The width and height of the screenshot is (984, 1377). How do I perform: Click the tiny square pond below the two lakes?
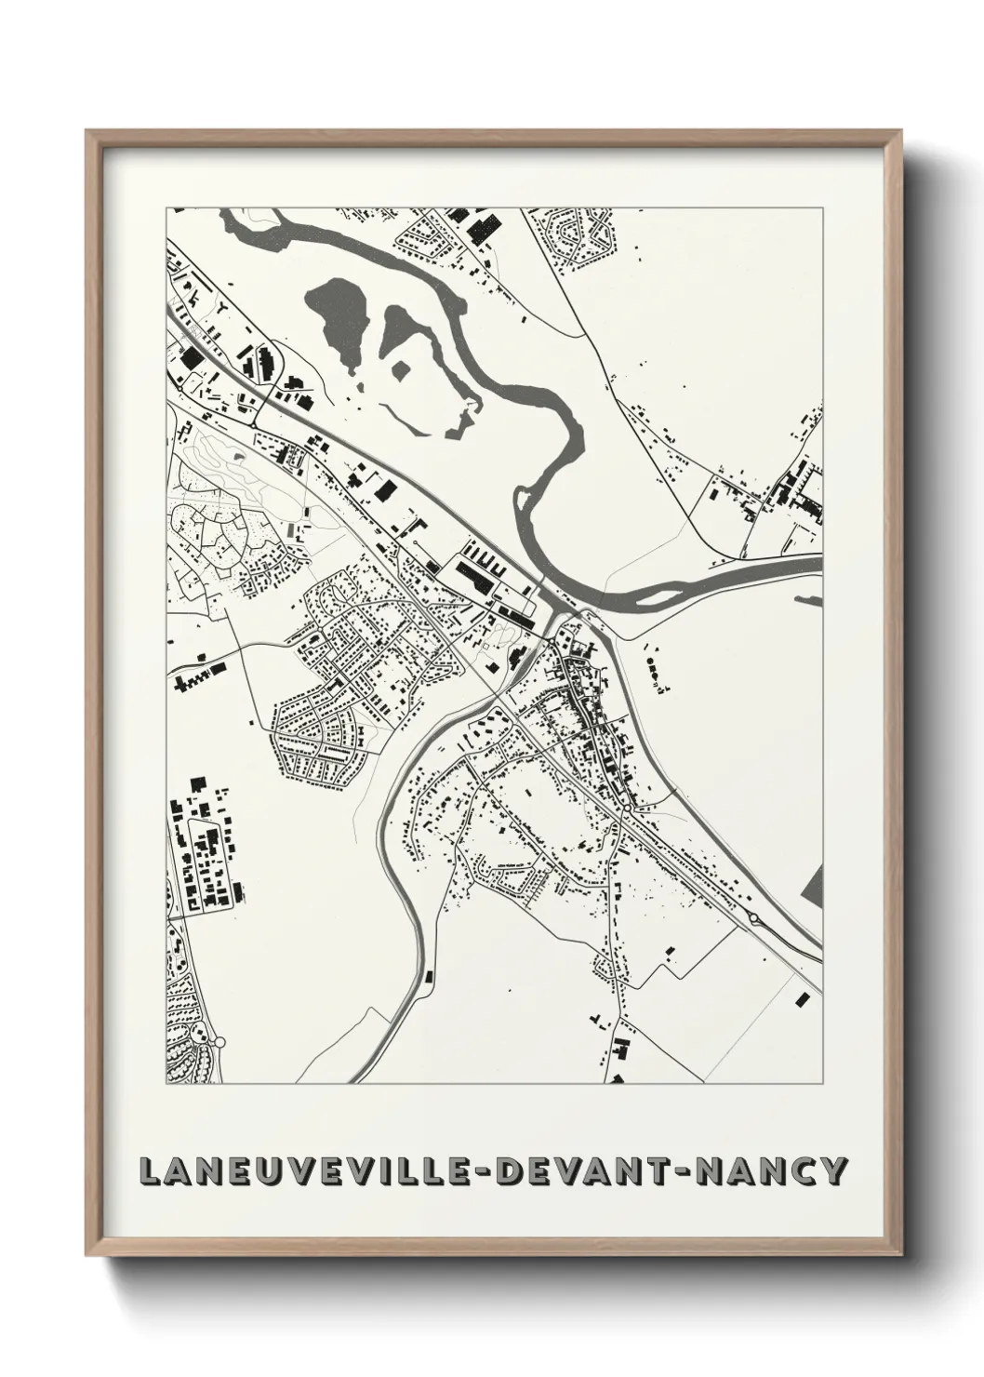click(401, 371)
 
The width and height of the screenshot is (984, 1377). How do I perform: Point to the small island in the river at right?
click(811, 600)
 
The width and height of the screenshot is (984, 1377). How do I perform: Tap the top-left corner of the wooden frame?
click(86, 131)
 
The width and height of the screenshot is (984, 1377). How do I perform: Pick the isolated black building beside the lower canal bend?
click(429, 975)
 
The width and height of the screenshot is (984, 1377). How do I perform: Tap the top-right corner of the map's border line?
click(823, 207)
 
